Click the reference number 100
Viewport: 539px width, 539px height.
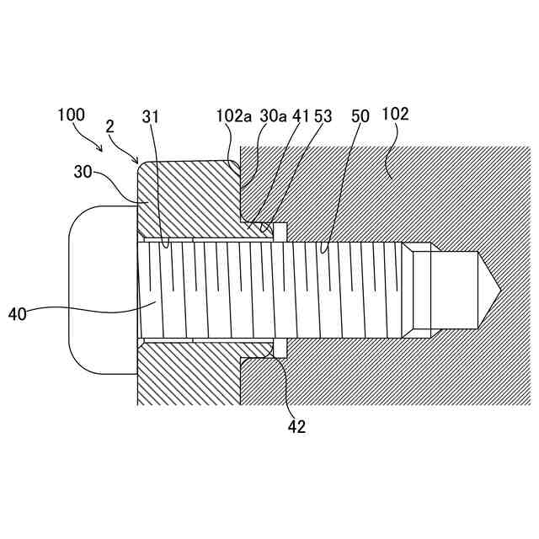[72, 115]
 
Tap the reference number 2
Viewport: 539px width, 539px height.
[110, 126]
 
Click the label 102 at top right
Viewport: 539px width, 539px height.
[395, 114]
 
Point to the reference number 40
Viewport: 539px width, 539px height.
[18, 313]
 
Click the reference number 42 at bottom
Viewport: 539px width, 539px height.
[296, 426]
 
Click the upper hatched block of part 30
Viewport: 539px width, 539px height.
[189, 198]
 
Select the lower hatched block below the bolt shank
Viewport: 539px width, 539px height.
[189, 375]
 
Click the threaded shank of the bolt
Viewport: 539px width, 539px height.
[278, 289]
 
